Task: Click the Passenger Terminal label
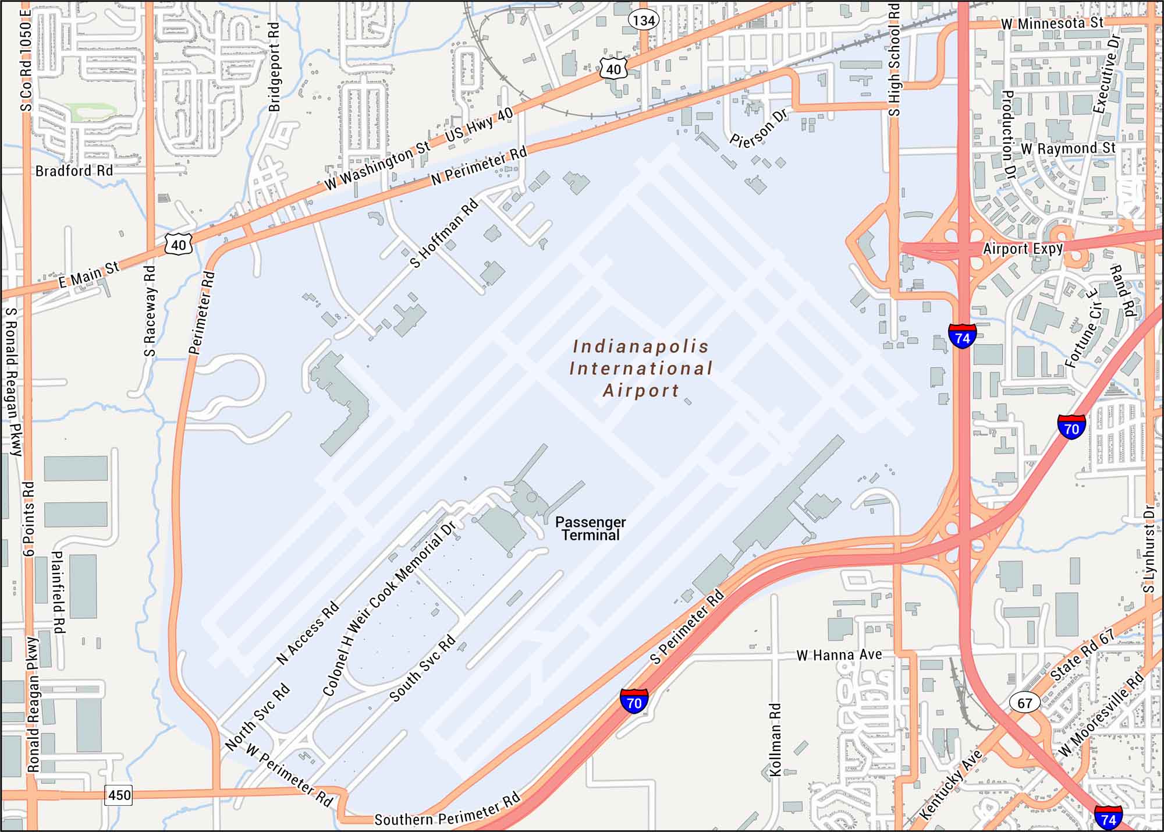click(590, 529)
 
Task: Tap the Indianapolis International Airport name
click(641, 369)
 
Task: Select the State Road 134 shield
click(644, 21)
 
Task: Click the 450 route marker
click(119, 795)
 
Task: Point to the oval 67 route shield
click(1025, 703)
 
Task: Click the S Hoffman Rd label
click(444, 233)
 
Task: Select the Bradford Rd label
click(74, 171)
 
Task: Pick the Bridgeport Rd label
click(274, 67)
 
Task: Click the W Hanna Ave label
click(839, 656)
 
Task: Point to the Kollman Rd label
click(775, 739)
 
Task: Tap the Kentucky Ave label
click(952, 785)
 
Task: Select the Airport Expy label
click(1023, 249)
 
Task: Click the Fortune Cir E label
click(1081, 336)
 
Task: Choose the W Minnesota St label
click(1052, 23)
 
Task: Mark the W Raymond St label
click(1068, 148)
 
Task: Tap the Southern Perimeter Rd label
click(447, 811)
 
